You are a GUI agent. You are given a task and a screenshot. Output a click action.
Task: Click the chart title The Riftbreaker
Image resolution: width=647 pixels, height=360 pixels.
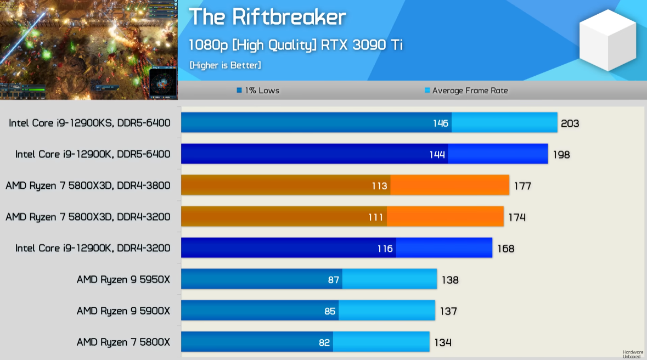coord(267,18)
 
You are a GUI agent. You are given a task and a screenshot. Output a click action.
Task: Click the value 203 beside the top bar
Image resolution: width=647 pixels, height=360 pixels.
coord(570,123)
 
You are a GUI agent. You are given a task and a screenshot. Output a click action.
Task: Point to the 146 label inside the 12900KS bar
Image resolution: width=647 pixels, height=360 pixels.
coord(441,123)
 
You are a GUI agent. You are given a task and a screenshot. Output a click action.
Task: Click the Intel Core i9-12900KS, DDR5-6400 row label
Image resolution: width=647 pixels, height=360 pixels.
coord(89,123)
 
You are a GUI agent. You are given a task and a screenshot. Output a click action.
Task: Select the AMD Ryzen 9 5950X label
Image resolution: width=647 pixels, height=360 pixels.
coord(123,279)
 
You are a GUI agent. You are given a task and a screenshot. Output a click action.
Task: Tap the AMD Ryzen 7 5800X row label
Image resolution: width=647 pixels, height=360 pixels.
coord(123,342)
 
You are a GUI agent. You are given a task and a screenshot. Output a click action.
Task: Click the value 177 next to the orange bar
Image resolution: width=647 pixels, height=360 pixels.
coord(522,186)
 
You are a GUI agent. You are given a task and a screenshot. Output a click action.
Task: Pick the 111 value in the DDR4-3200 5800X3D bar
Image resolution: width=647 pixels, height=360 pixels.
coord(375,217)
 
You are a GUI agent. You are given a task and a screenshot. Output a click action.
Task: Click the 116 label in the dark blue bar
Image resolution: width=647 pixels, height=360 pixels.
coord(385,249)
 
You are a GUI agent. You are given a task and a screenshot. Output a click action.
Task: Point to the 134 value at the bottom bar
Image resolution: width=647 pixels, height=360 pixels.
coord(443,343)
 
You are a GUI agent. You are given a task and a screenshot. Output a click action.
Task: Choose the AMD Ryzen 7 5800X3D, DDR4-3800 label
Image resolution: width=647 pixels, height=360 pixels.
coord(88,185)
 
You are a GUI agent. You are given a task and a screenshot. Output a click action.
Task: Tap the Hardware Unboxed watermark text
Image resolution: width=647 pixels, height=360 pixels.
coord(633,355)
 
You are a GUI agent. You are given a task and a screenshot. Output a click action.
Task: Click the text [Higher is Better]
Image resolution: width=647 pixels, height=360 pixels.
coord(225,65)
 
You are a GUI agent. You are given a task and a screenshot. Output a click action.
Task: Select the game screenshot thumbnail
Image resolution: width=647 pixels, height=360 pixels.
coord(89,49)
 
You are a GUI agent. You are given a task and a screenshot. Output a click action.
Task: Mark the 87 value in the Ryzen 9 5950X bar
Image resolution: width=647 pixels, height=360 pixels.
coord(334,280)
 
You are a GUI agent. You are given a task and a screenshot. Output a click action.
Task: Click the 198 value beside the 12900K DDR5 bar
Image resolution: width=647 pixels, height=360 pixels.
coord(561,155)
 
